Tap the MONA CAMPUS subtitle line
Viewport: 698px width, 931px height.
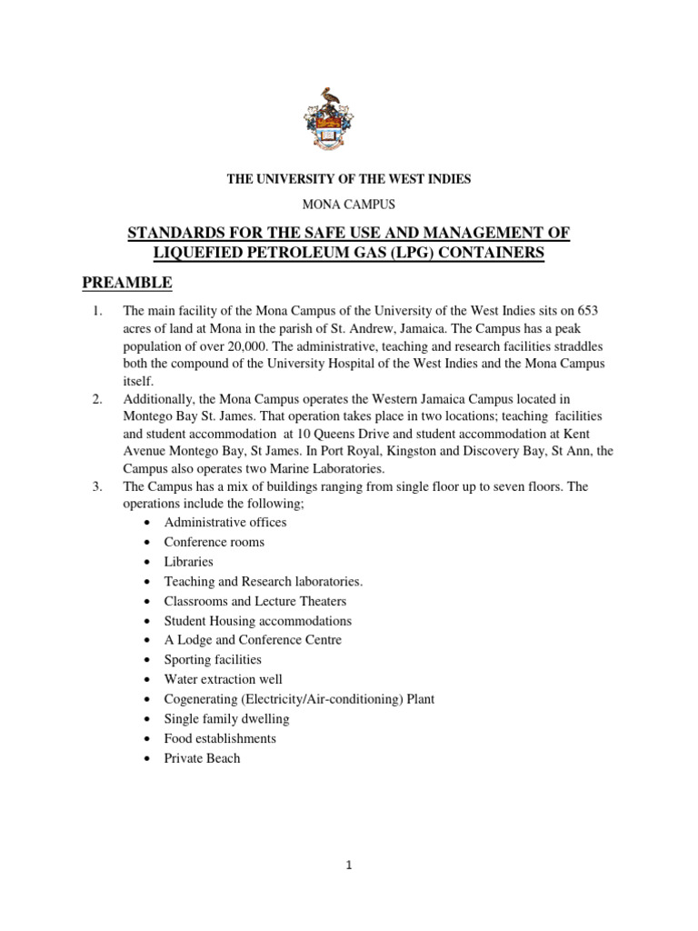click(x=349, y=205)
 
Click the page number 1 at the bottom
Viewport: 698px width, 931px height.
click(x=348, y=866)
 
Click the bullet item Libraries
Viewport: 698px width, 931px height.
click(x=189, y=562)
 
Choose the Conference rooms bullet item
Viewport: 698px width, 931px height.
click(x=214, y=542)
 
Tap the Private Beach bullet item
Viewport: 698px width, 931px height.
click(x=202, y=758)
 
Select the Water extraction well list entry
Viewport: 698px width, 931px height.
click(x=223, y=679)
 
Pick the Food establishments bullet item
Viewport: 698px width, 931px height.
click(x=220, y=738)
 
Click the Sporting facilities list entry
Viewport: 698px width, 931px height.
click(x=213, y=660)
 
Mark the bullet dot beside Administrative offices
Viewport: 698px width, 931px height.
click(x=147, y=523)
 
